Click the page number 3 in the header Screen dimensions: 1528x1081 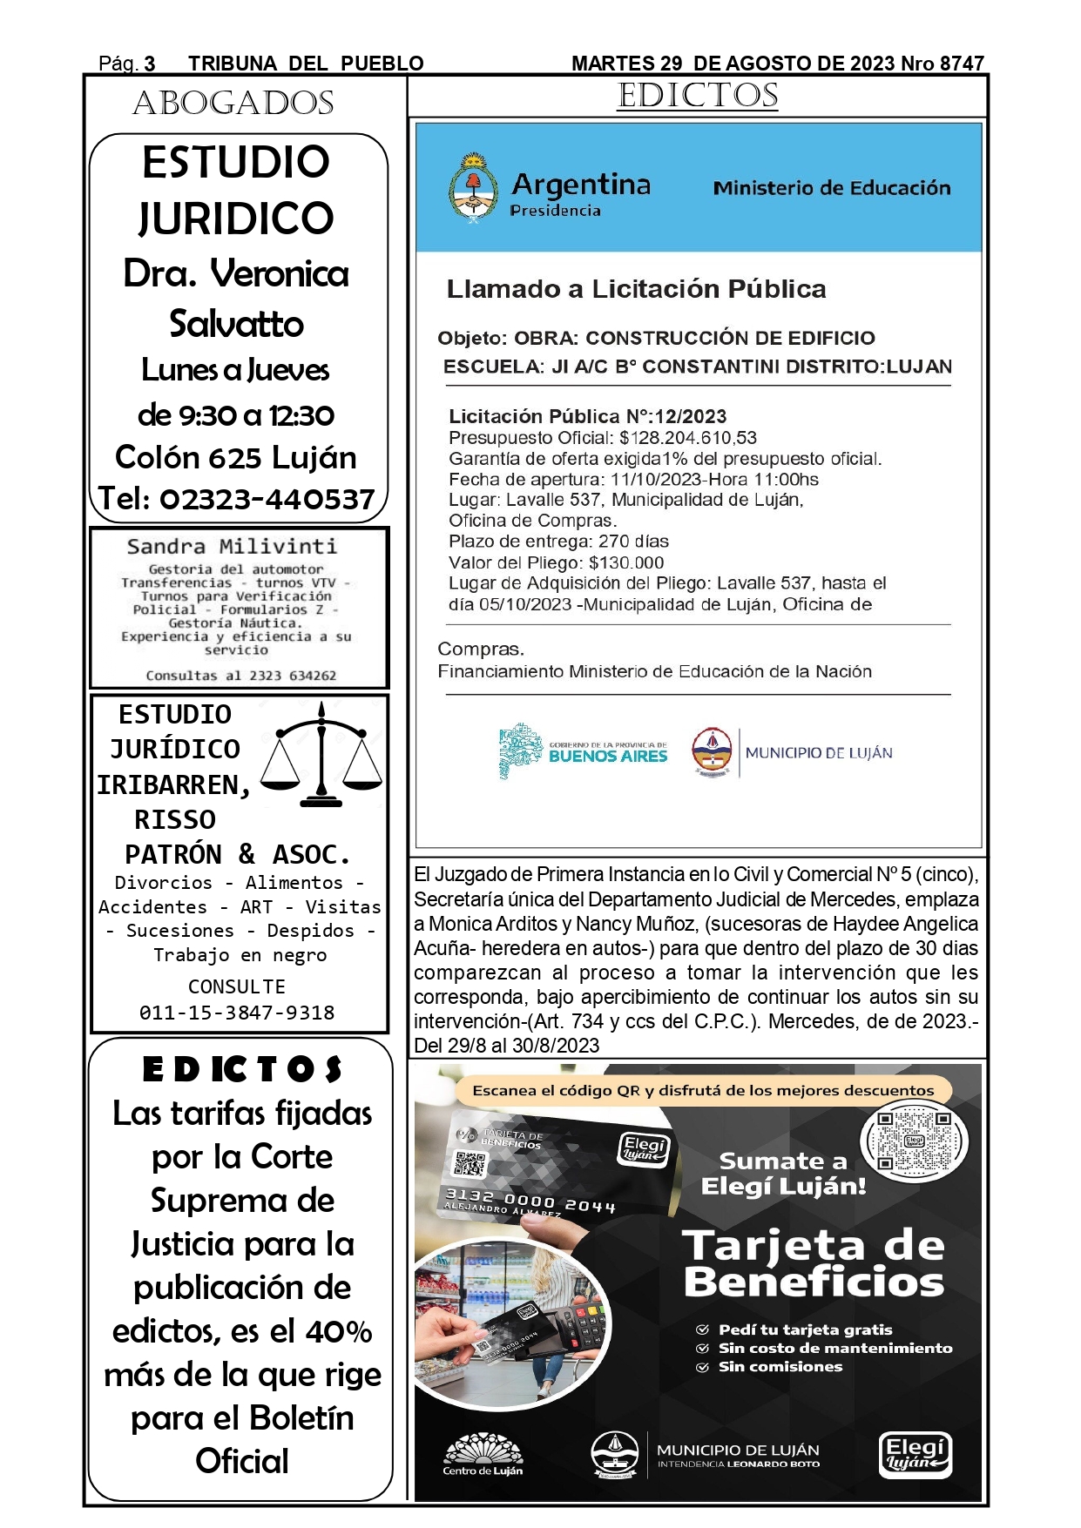[150, 64]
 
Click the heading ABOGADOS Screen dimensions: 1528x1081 [233, 104]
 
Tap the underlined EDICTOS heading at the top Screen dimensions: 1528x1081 [698, 96]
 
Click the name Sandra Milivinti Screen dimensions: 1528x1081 [232, 547]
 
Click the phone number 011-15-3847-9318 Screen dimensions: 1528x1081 [237, 1013]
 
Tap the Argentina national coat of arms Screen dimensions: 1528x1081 [473, 188]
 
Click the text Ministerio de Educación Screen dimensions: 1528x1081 [831, 188]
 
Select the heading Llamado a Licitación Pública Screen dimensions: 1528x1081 [636, 289]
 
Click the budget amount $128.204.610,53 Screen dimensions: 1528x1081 [688, 438]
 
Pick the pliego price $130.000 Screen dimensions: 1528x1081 [626, 562]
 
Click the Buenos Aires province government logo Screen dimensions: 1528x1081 [583, 751]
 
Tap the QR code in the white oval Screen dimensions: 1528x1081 [914, 1141]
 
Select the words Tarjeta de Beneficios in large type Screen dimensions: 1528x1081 [814, 1264]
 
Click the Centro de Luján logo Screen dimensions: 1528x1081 [483, 1455]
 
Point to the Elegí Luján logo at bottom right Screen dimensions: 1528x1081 [915, 1454]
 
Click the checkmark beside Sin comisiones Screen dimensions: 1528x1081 [702, 1367]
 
